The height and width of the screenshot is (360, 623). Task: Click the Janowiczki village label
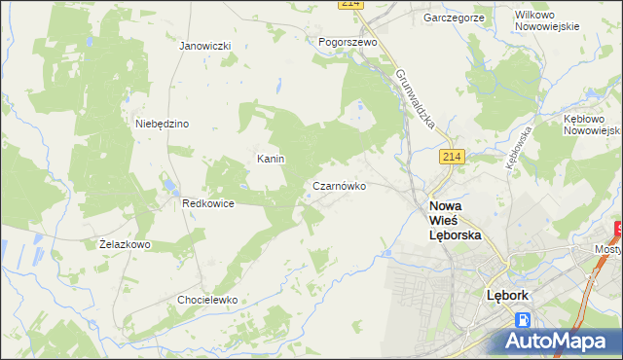(x=204, y=46)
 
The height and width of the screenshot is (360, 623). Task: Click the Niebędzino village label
(x=162, y=124)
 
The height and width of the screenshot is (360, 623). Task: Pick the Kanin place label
(x=270, y=159)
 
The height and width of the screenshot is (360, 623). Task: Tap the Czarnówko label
(x=339, y=186)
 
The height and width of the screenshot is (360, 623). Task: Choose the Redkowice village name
(x=208, y=203)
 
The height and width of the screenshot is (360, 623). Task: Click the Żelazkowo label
(x=125, y=244)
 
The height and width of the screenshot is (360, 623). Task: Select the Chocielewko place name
(x=207, y=300)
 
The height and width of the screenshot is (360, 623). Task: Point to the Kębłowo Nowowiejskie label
(x=592, y=123)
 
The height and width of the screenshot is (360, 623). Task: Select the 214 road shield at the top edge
(x=350, y=5)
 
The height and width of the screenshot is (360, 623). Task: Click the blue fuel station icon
(x=524, y=319)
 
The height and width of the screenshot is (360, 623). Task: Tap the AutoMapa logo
(x=556, y=340)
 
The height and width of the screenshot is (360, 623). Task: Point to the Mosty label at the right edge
(x=608, y=249)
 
